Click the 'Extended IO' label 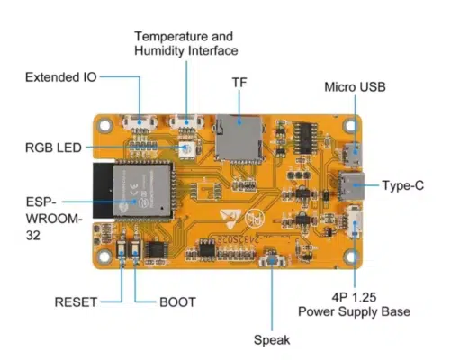click(x=61, y=77)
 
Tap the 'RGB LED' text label click(x=53, y=148)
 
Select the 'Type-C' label click(x=403, y=185)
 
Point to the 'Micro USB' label click(x=355, y=87)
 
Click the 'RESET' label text click(x=76, y=302)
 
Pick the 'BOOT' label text click(x=177, y=302)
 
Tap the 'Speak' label click(x=272, y=340)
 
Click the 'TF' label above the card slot click(x=239, y=83)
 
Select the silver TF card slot click(x=239, y=138)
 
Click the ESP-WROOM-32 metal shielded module click(x=142, y=190)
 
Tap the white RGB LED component click(x=187, y=149)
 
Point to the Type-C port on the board click(x=351, y=186)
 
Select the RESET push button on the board click(x=122, y=248)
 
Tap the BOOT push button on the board click(x=135, y=248)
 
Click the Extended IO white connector click(x=140, y=122)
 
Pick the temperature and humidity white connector click(x=186, y=121)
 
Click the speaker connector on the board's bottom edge click(x=272, y=259)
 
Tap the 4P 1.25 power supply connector click(x=355, y=222)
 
